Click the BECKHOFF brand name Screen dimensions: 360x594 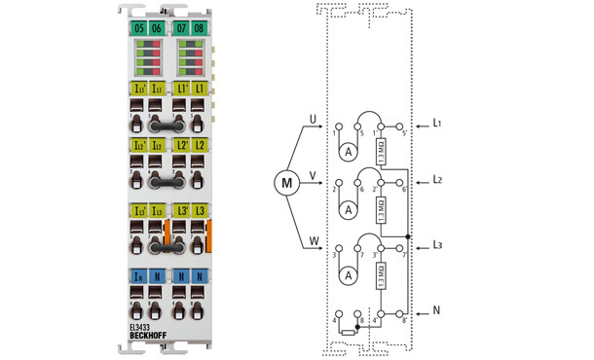148,337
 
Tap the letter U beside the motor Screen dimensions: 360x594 312,120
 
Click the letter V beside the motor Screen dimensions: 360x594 312,176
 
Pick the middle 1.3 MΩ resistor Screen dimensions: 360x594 381,208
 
